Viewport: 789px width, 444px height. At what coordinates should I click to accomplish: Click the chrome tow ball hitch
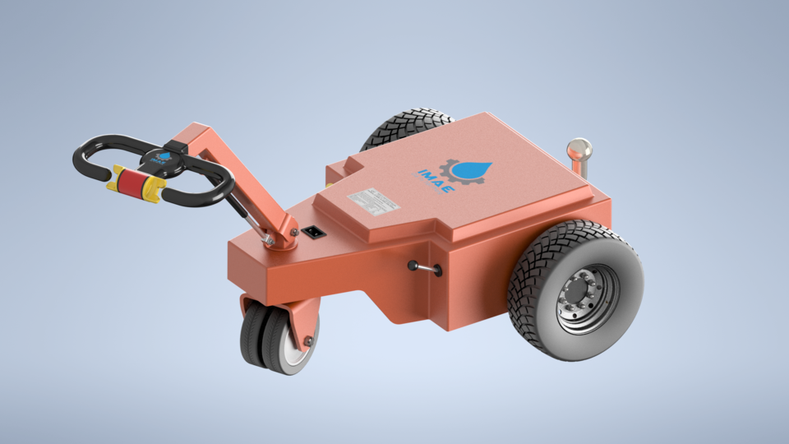[579, 150]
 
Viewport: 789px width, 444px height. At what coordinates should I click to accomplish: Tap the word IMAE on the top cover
[433, 186]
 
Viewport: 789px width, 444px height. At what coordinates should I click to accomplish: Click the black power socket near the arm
[311, 232]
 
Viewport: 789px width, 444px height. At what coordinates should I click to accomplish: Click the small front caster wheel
[271, 340]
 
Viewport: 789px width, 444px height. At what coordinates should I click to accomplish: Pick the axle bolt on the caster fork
[308, 340]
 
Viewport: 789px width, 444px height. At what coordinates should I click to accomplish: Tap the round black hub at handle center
[164, 158]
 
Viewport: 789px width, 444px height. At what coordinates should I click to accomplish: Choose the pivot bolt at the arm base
[293, 233]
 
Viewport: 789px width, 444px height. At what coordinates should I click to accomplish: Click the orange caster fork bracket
[304, 317]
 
